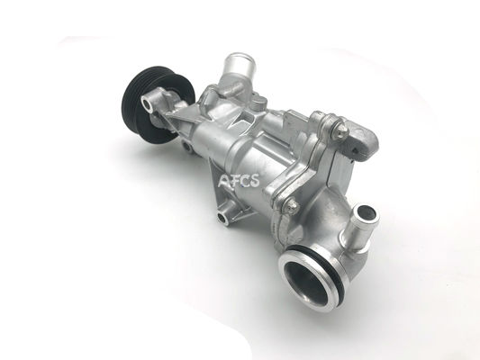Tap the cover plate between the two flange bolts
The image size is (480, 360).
(315, 171)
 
